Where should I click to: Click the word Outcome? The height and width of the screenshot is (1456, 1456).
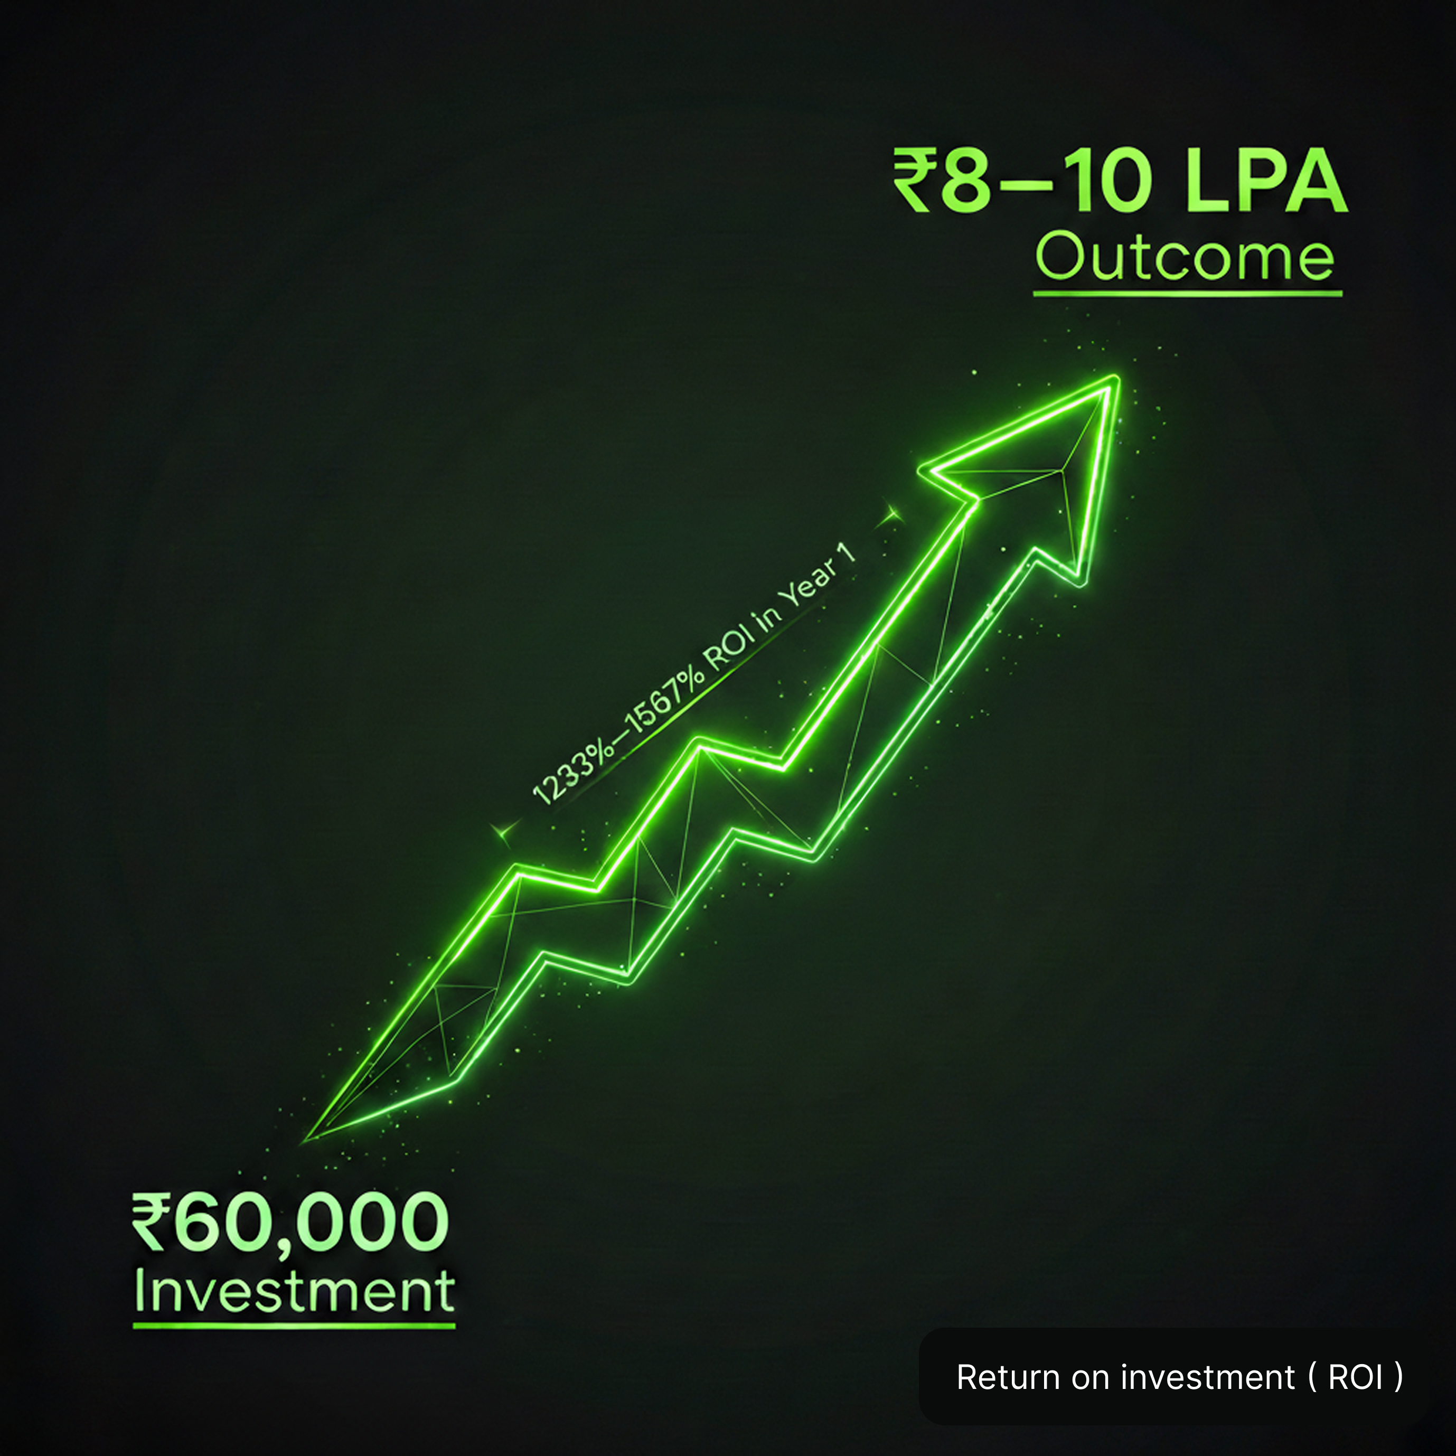tap(1186, 257)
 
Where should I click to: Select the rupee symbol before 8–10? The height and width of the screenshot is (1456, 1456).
tap(914, 181)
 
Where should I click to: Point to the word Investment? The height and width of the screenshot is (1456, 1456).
tap(294, 1292)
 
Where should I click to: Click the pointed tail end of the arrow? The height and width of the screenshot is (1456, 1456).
tap(305, 1140)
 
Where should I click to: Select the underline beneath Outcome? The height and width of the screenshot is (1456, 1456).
tap(1188, 293)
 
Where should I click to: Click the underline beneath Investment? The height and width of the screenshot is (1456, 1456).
tap(294, 1326)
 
